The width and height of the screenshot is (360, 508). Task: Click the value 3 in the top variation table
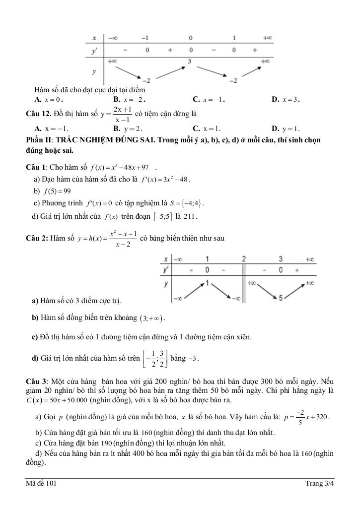[189, 62]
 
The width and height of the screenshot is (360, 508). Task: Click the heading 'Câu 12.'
[38, 114]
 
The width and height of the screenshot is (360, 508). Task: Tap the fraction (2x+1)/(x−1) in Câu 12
[122, 114]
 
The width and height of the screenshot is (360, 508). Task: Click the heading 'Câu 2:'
[37, 238]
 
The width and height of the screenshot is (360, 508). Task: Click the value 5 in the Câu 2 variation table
[281, 298]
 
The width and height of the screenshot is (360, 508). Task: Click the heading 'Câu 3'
[36, 381]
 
